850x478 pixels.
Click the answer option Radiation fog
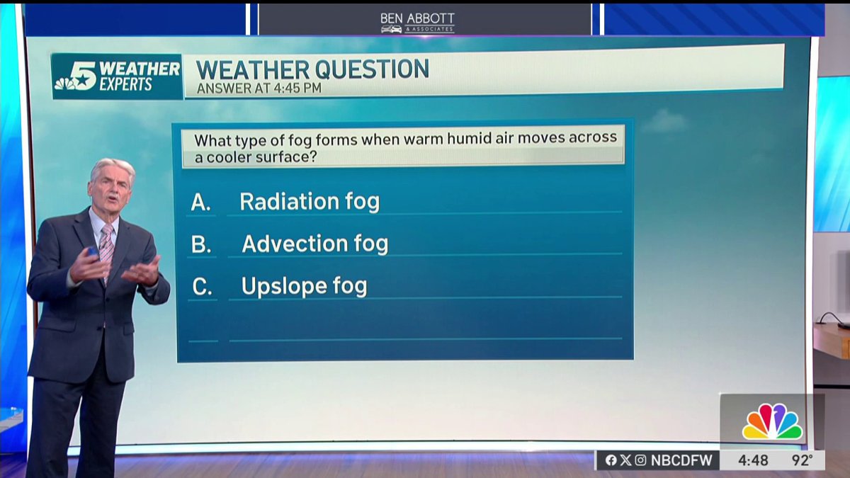310,202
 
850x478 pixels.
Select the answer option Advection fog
315,244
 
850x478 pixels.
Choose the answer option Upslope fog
304,287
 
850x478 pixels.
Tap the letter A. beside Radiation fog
201,203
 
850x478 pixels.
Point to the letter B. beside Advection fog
201,245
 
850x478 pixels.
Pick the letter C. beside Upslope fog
202,288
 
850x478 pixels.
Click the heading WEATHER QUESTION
312,69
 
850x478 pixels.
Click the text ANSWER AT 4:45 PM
259,89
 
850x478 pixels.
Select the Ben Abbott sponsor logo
417,21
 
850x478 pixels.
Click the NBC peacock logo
772,422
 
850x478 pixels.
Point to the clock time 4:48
753,460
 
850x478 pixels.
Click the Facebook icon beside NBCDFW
611,460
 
